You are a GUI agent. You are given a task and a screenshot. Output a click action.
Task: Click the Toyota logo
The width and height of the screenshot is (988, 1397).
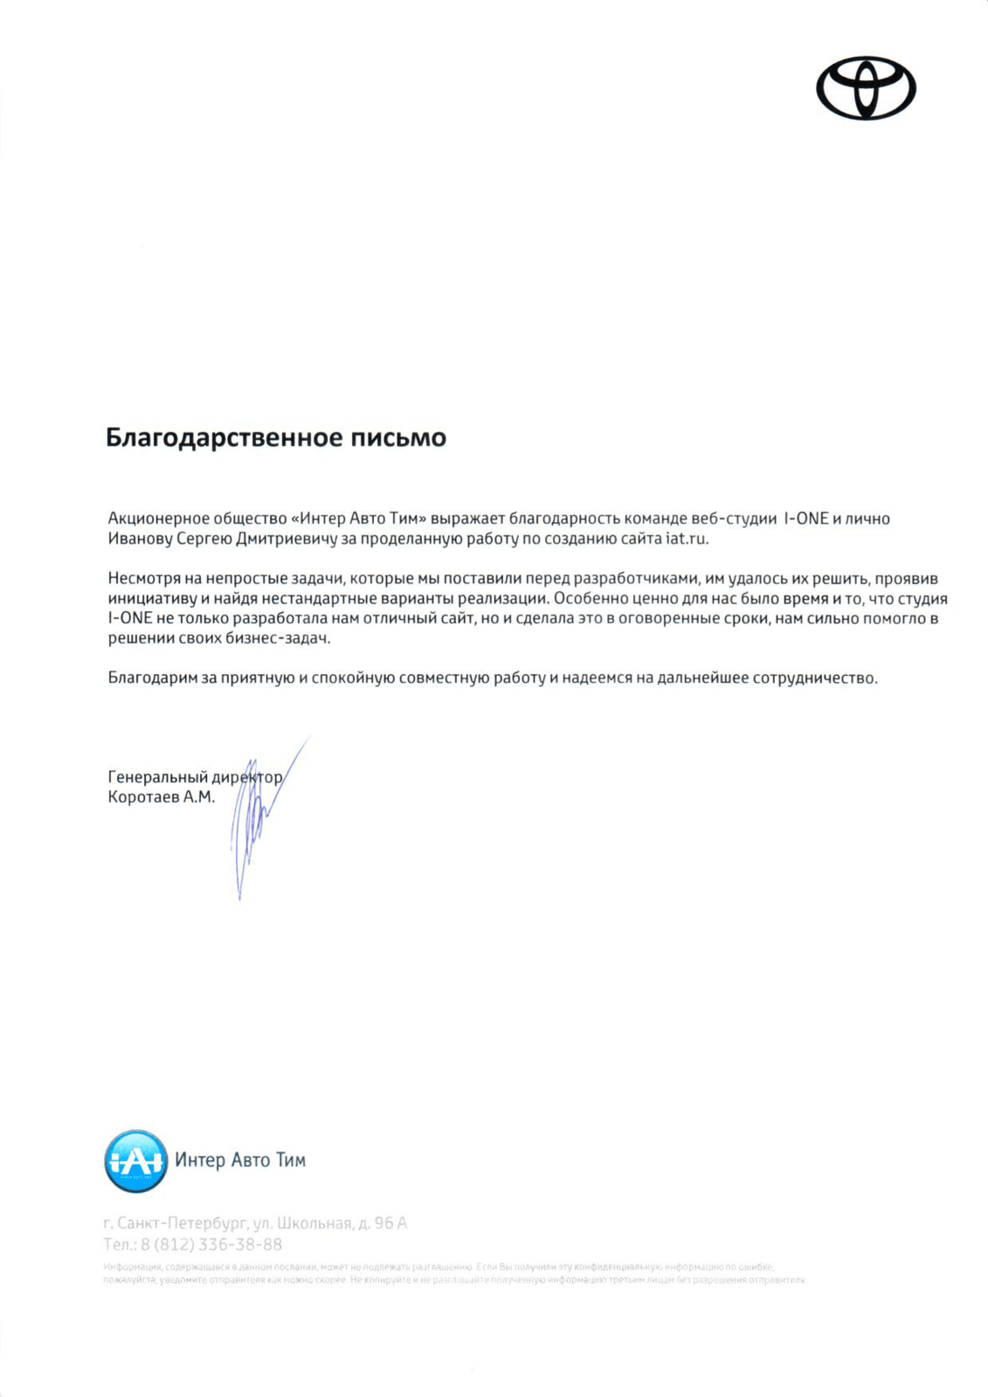pyautogui.click(x=866, y=88)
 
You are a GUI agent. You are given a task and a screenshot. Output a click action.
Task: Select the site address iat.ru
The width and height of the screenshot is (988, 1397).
pyautogui.click(x=687, y=539)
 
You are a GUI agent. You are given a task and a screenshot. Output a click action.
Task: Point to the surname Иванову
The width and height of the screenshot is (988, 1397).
pyautogui.click(x=140, y=539)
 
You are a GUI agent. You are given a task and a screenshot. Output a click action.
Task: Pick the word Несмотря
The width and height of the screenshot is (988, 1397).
pyautogui.click(x=144, y=579)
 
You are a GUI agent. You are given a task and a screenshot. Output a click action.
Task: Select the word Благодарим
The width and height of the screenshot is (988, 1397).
pyautogui.click(x=153, y=678)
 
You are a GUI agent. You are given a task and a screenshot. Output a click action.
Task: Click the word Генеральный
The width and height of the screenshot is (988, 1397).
pyautogui.click(x=157, y=777)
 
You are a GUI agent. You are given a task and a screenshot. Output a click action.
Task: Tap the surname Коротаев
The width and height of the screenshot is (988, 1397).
pyautogui.click(x=143, y=797)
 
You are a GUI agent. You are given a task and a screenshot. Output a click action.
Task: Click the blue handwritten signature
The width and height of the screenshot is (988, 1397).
pyautogui.click(x=253, y=821)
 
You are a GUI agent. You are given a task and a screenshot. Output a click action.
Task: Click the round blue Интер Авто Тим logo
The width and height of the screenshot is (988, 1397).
pyautogui.click(x=135, y=1161)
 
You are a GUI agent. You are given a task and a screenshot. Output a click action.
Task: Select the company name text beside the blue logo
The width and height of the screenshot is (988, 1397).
pyautogui.click(x=240, y=1160)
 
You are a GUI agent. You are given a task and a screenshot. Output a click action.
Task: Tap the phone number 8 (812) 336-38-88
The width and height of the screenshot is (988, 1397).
pyautogui.click(x=211, y=1244)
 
